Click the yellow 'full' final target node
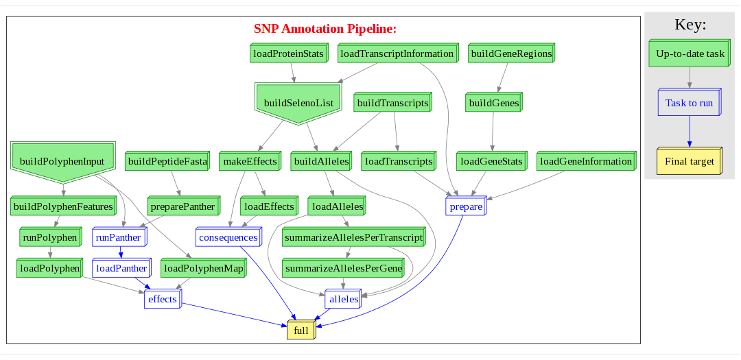point(301,331)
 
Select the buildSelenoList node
point(298,103)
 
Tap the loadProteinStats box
point(288,53)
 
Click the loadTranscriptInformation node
point(397,53)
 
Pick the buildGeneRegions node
point(511,53)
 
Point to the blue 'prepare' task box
point(466,206)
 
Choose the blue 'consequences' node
point(228,237)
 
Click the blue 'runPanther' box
point(119,237)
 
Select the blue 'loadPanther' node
point(121,268)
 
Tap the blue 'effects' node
point(162,299)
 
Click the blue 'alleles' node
point(343,299)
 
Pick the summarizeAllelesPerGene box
point(343,268)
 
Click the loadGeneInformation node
point(585,162)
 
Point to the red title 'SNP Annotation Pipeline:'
point(325,29)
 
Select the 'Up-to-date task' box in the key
point(690,53)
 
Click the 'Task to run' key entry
point(689,103)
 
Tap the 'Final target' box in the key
point(689,162)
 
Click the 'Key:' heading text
point(690,25)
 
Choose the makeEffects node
point(250,162)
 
